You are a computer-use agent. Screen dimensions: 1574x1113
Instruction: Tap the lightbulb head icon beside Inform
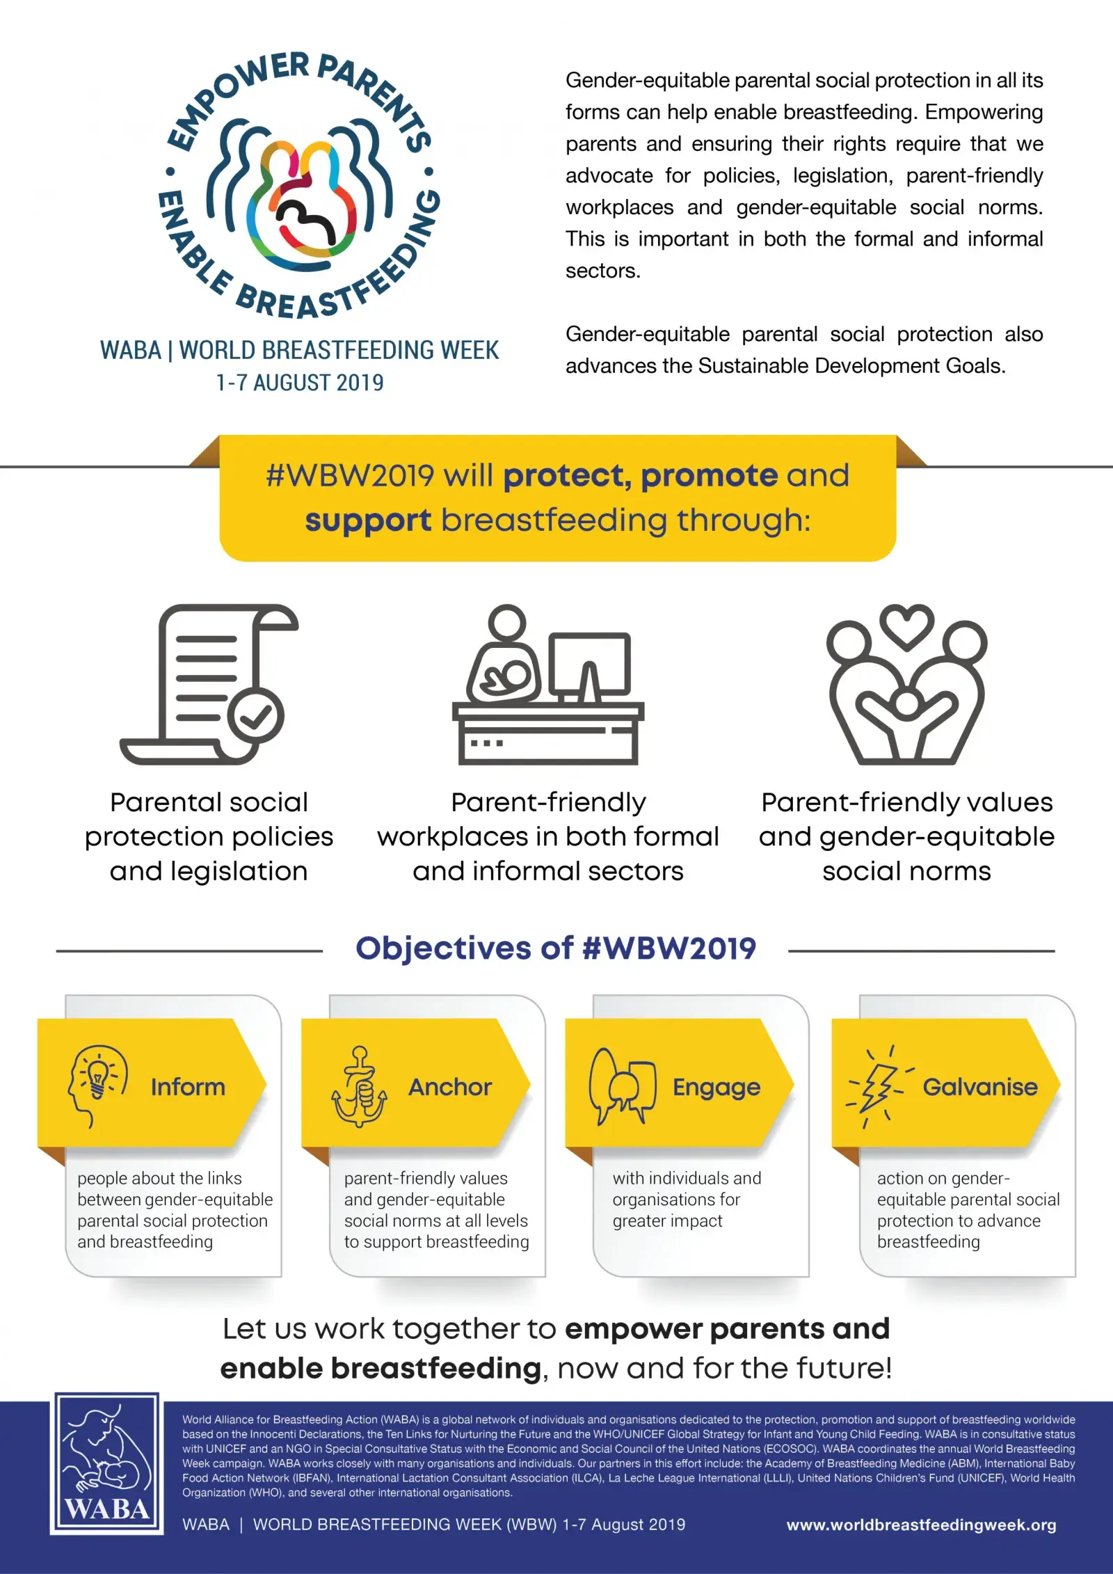[x=97, y=1086]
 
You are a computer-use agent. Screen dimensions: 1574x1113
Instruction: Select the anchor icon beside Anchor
[x=359, y=1087]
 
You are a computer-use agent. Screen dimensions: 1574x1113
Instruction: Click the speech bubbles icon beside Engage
[x=623, y=1086]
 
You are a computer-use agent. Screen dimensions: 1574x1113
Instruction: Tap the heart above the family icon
[x=906, y=625]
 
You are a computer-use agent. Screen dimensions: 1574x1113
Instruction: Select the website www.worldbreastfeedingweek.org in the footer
[x=921, y=1525]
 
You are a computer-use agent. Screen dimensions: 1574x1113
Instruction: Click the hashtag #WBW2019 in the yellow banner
[x=350, y=476]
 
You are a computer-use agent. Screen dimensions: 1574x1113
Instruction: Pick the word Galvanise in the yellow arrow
[x=979, y=1087]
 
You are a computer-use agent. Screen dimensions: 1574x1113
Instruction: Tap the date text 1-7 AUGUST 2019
[x=300, y=383]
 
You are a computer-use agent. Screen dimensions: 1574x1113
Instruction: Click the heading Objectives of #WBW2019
[x=555, y=948]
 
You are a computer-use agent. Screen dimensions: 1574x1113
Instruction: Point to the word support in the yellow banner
[x=368, y=520]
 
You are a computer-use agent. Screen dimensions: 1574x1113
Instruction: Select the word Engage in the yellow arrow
[x=716, y=1087]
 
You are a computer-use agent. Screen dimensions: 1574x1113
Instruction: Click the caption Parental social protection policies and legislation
[x=209, y=836]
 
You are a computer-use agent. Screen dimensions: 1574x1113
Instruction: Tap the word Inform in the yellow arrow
[x=188, y=1087]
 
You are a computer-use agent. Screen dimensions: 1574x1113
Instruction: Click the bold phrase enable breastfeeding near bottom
[x=380, y=1368]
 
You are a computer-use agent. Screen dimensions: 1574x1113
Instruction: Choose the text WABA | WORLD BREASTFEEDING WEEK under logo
[x=300, y=350]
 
